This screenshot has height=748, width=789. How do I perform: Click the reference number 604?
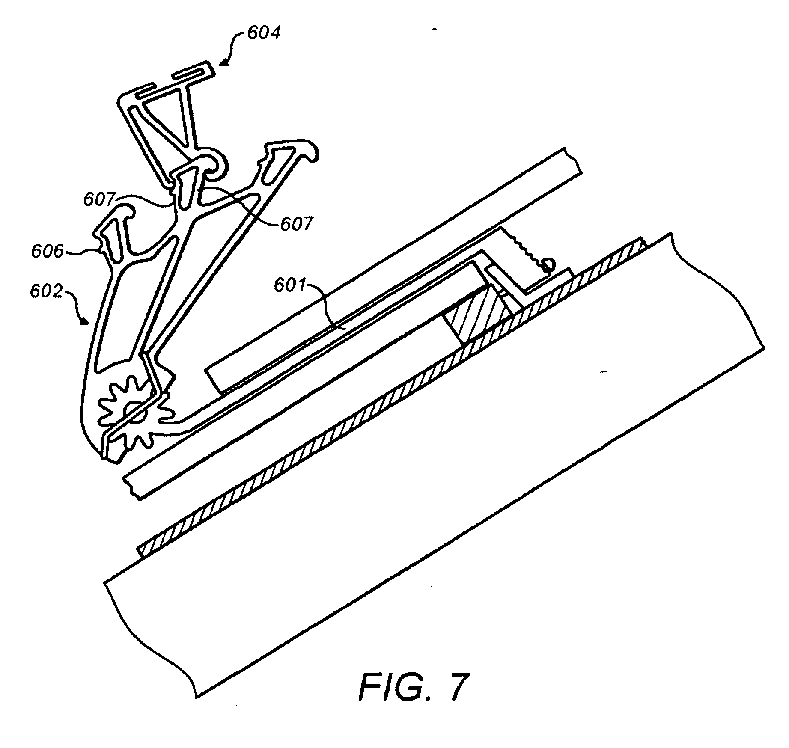[264, 33]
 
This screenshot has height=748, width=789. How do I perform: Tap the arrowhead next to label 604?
[224, 63]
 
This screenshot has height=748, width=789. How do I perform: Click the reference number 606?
[47, 251]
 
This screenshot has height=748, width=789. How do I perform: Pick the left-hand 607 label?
[100, 199]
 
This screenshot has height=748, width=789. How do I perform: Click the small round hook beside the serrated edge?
[548, 266]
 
